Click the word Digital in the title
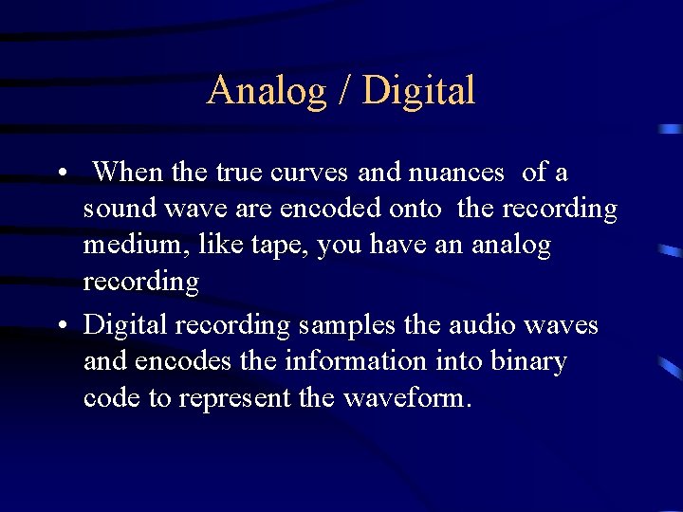418,91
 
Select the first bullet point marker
60,174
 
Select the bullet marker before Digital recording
60,326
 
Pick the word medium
129,245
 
